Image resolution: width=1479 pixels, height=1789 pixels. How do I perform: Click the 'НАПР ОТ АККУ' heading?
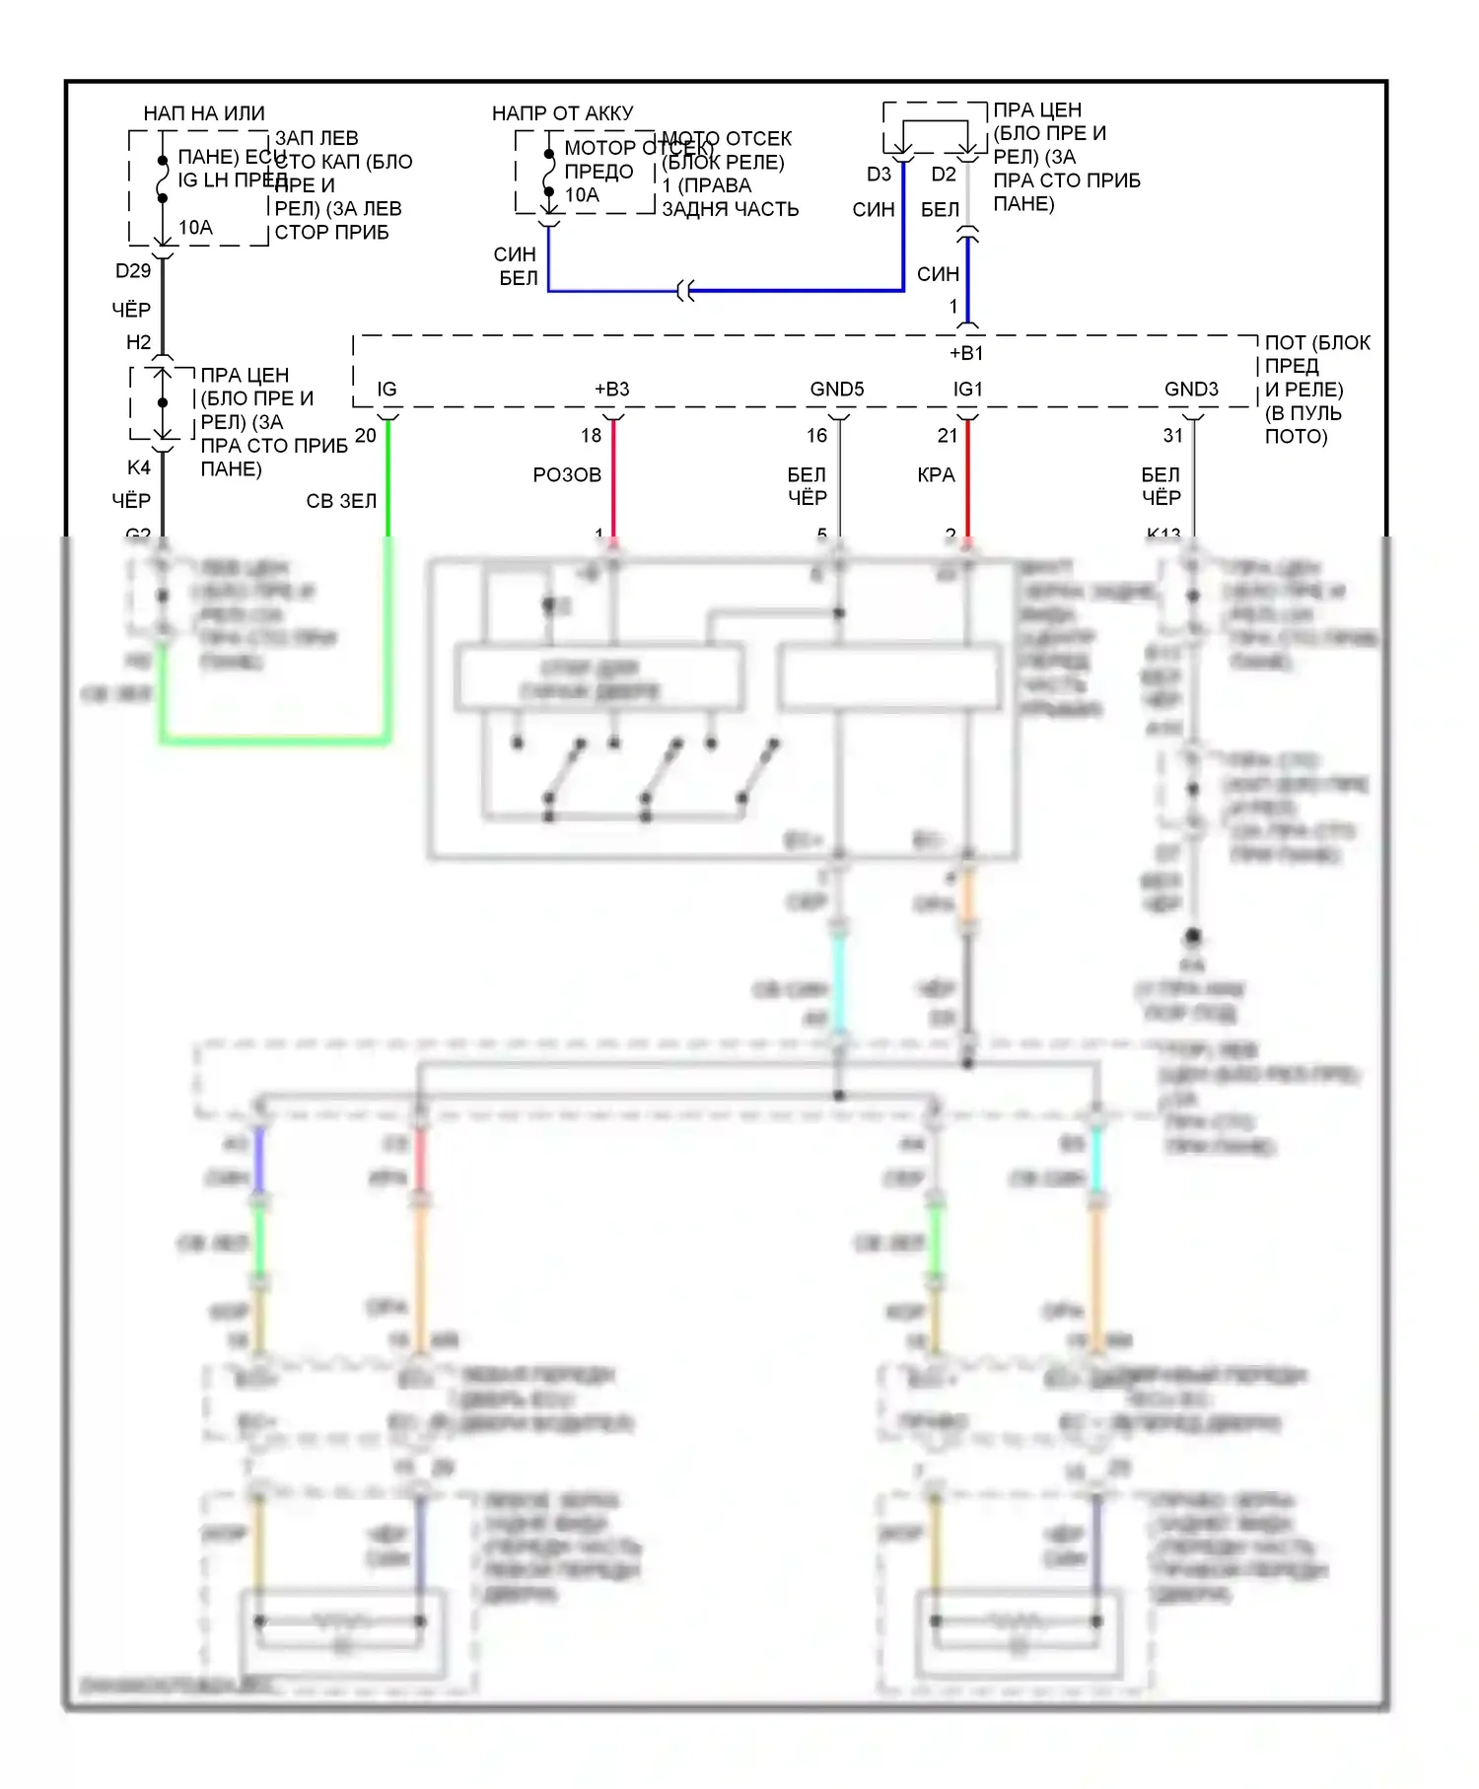(x=562, y=113)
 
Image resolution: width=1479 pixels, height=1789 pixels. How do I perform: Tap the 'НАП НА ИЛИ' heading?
(x=204, y=113)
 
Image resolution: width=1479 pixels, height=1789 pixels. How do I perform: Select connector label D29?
(x=133, y=271)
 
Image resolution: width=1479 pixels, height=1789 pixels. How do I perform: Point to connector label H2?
(x=138, y=342)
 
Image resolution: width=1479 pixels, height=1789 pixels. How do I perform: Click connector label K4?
(x=139, y=467)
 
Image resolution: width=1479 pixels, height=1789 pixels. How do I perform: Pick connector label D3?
(x=879, y=175)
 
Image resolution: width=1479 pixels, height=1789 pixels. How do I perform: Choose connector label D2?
(x=944, y=175)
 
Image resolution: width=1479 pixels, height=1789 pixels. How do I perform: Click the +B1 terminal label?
(x=966, y=353)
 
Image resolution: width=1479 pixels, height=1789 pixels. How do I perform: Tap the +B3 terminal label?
(x=611, y=390)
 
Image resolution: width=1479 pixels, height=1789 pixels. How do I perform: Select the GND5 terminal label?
(x=837, y=390)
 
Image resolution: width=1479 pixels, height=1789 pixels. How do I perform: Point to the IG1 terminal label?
(x=968, y=390)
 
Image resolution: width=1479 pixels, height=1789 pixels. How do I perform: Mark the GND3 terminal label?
(x=1191, y=390)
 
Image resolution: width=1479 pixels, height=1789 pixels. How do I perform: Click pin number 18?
(x=591, y=436)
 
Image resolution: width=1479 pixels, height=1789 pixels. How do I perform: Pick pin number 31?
(x=1172, y=436)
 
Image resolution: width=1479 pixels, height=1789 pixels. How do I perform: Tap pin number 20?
(x=365, y=436)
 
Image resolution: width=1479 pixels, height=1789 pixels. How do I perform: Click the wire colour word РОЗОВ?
(x=567, y=475)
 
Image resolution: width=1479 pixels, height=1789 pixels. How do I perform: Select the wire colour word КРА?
(x=936, y=475)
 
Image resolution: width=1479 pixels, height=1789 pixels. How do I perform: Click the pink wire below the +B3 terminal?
(x=613, y=483)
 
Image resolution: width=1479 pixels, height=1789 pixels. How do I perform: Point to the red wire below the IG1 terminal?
(x=968, y=483)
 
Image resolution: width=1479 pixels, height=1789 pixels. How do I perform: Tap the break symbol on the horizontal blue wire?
(x=686, y=291)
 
